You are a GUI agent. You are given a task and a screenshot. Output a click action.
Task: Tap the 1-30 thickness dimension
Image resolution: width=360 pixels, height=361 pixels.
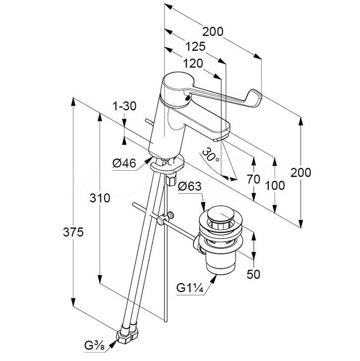tap(124, 106)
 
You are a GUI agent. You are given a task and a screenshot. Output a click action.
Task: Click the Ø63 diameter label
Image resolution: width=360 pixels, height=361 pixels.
tap(189, 186)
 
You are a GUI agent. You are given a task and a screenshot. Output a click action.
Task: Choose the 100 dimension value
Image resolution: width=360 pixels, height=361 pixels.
tap(275, 185)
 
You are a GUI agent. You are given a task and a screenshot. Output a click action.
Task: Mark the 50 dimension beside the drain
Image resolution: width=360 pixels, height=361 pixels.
tap(253, 274)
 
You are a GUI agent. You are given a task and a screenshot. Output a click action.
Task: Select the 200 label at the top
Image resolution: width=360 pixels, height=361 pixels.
tap(213, 32)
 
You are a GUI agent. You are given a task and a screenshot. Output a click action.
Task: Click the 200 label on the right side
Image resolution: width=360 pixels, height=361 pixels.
tap(301, 173)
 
